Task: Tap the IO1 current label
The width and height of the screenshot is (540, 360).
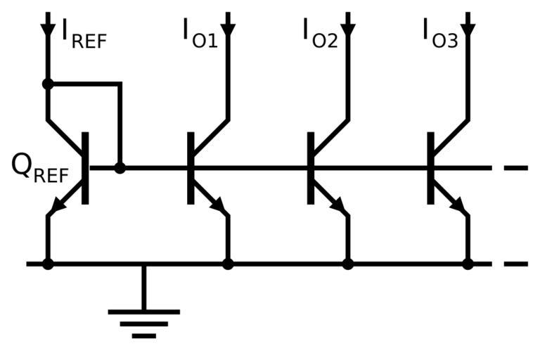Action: coord(200,32)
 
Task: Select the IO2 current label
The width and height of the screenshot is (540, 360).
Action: coord(320,32)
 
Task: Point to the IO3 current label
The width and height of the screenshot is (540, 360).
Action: coord(440,32)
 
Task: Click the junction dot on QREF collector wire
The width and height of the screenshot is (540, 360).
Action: coord(48,84)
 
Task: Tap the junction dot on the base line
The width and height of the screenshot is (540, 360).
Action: coord(120,168)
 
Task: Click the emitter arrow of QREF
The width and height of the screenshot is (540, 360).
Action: coord(56,207)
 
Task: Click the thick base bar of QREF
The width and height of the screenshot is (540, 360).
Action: coord(86,168)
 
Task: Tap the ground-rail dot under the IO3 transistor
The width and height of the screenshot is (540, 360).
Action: coord(468,264)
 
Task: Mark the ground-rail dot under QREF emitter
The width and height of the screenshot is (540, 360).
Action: coord(48,264)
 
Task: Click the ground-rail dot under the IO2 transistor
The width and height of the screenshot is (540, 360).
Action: coord(348,264)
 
